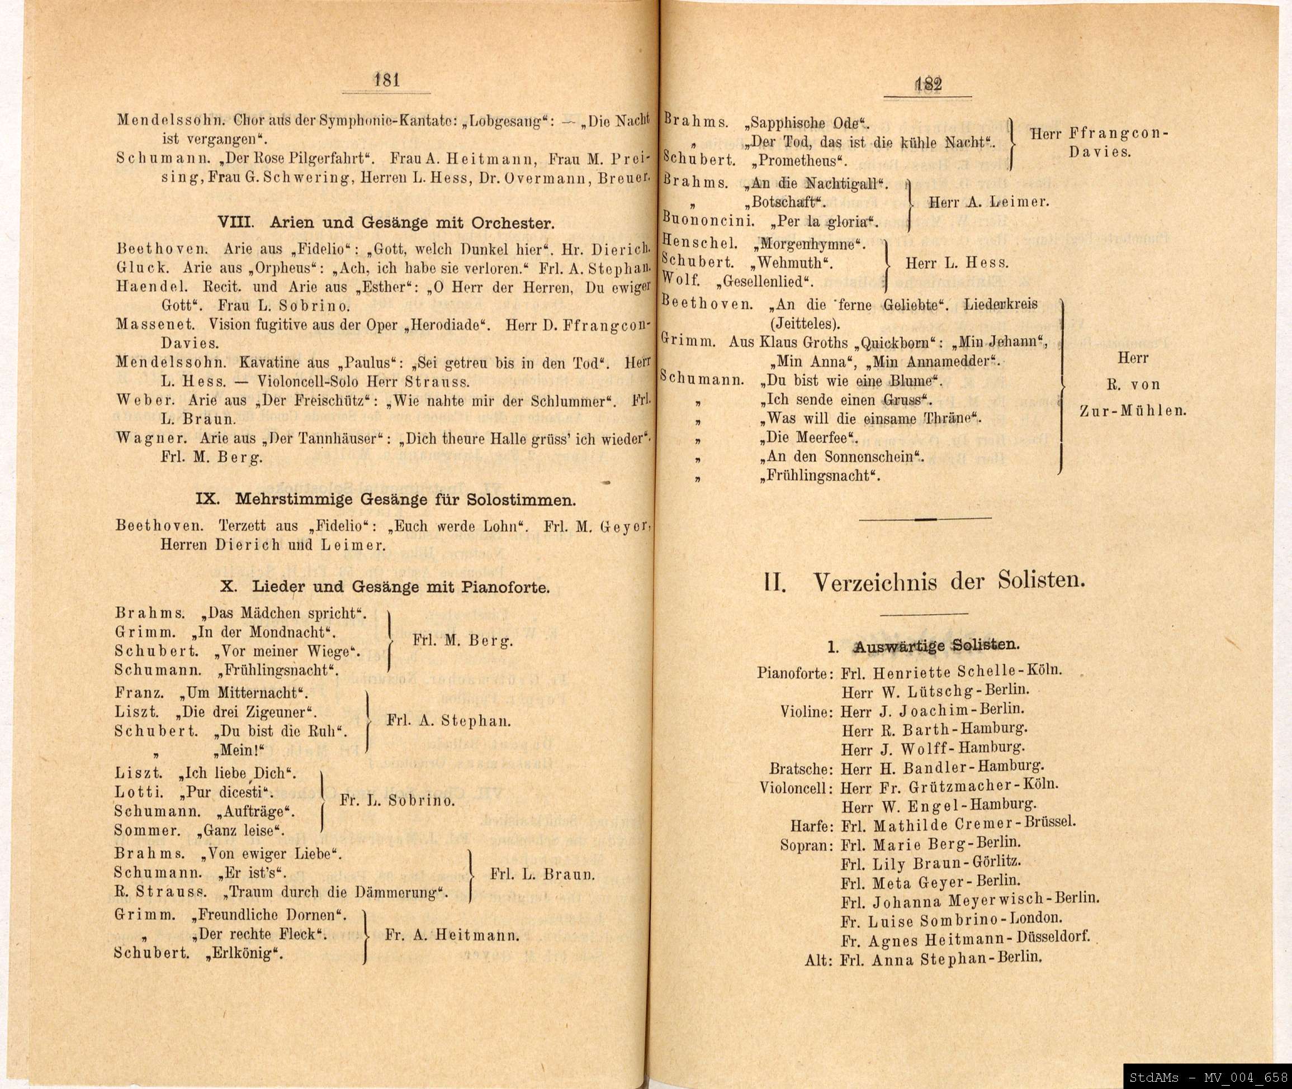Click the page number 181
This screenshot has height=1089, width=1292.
pyautogui.click(x=387, y=80)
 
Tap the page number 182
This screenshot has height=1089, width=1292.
pyautogui.click(x=928, y=84)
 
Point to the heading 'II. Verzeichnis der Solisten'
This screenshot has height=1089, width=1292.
pyautogui.click(x=925, y=582)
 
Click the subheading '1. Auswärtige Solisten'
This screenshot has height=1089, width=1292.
pyautogui.click(x=924, y=645)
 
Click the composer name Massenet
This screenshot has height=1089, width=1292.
pyautogui.click(x=155, y=325)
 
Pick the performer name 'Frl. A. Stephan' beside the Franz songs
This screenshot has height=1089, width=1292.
pyautogui.click(x=449, y=720)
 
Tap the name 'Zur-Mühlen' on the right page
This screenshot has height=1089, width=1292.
pyautogui.click(x=1133, y=411)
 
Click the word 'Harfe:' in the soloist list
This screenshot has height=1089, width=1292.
pyautogui.click(x=812, y=826)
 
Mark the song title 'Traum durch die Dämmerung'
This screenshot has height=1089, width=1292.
pyautogui.click(x=337, y=892)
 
